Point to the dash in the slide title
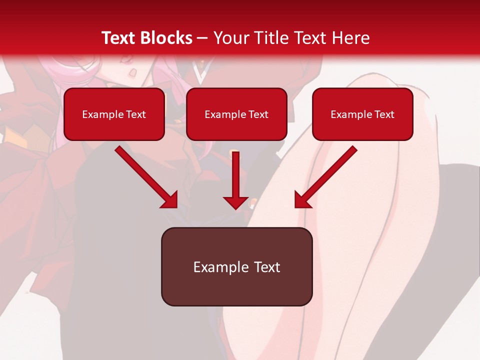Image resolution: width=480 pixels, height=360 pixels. click(x=202, y=38)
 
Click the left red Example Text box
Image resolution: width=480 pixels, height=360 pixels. click(x=114, y=114)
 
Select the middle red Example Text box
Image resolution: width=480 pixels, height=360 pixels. click(x=236, y=114)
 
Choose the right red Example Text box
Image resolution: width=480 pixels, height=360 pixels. click(x=362, y=114)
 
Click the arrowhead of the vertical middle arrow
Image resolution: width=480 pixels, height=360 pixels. click(x=235, y=201)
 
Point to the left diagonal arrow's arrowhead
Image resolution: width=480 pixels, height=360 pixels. click(x=169, y=200)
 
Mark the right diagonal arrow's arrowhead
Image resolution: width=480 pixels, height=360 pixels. click(x=302, y=200)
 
